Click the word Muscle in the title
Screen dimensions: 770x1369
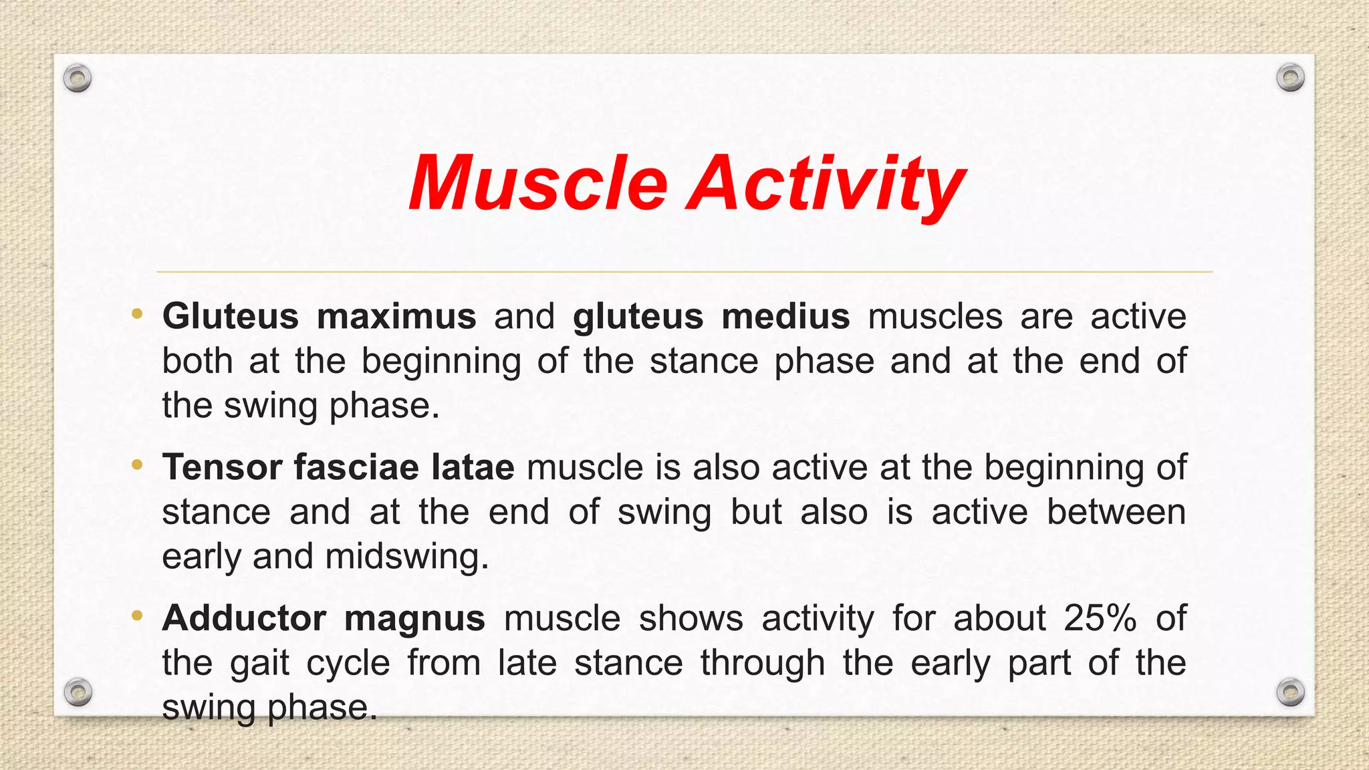(538, 182)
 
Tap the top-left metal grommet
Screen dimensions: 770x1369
(78, 79)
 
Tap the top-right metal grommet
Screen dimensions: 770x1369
(1290, 78)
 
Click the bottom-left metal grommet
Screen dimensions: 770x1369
(78, 692)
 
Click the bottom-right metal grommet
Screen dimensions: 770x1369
(1290, 692)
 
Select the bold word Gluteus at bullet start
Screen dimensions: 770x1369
(230, 316)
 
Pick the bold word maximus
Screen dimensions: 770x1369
(396, 316)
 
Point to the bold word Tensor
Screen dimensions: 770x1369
(221, 467)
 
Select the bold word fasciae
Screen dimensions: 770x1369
(356, 467)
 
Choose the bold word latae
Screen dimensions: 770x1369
(473, 467)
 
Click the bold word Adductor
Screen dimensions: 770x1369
(244, 618)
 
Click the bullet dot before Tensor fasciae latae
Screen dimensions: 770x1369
(137, 465)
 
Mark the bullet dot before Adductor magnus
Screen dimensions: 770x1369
(137, 616)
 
